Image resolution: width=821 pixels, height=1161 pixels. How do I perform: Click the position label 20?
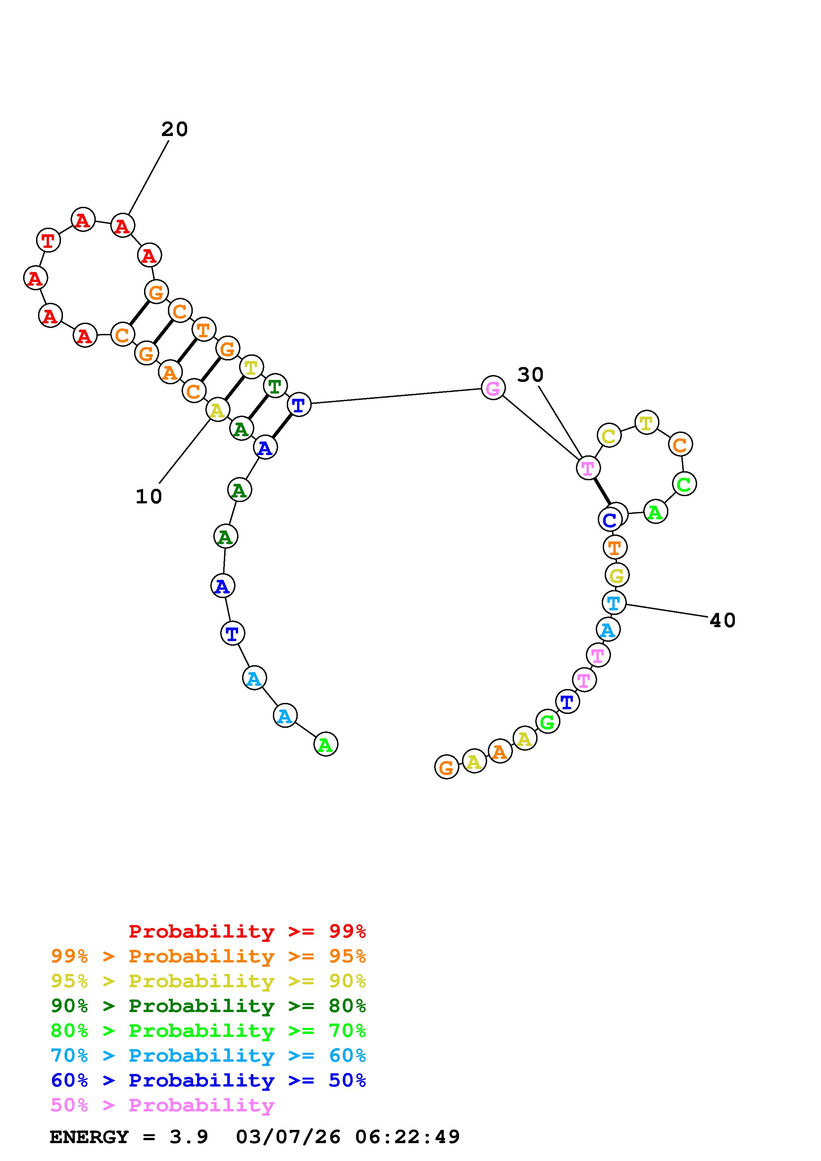point(175,129)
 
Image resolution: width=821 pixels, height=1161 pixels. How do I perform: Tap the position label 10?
point(149,496)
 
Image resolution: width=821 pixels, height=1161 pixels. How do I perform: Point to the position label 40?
point(722,621)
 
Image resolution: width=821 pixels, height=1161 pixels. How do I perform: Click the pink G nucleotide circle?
point(493,388)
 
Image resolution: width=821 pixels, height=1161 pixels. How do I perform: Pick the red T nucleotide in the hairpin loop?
point(48,240)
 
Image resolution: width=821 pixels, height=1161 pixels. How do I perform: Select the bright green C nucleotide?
point(684,484)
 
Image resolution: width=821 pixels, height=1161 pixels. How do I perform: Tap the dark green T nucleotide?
point(275,387)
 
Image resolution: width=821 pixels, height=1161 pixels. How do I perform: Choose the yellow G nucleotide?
point(617,575)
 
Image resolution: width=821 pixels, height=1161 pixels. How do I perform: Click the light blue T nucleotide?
point(614,603)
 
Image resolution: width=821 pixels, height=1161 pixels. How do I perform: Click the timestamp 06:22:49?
point(407,1137)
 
